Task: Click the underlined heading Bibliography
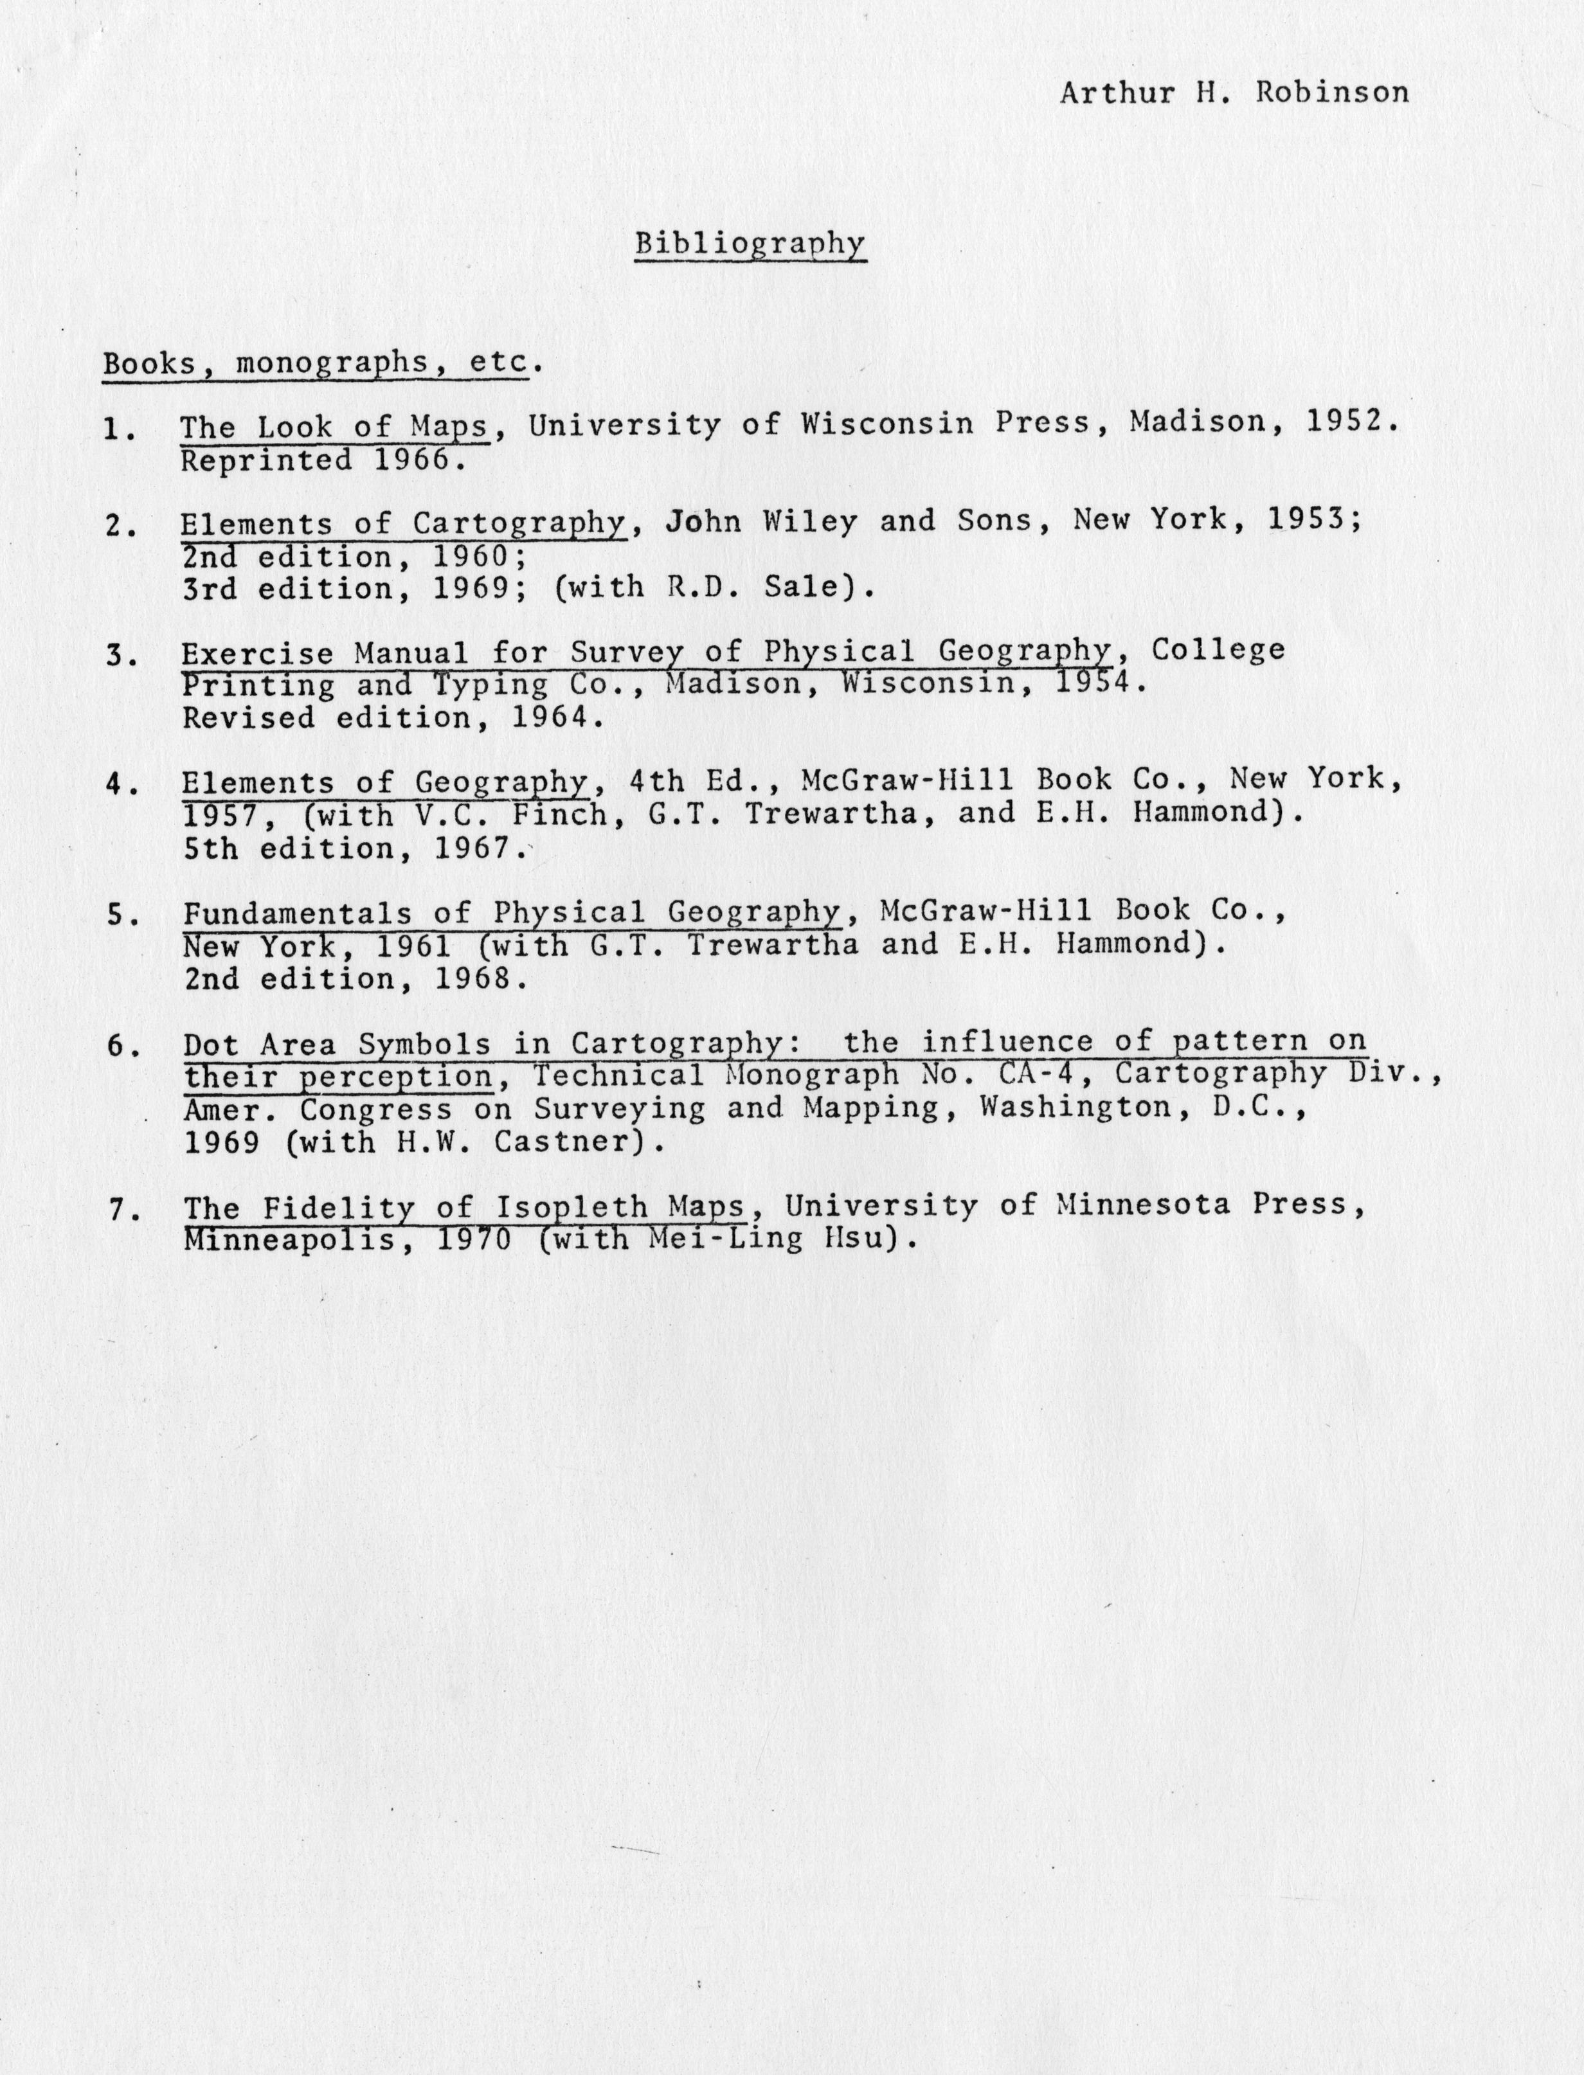tap(750, 243)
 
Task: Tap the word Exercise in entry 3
tap(257, 653)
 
